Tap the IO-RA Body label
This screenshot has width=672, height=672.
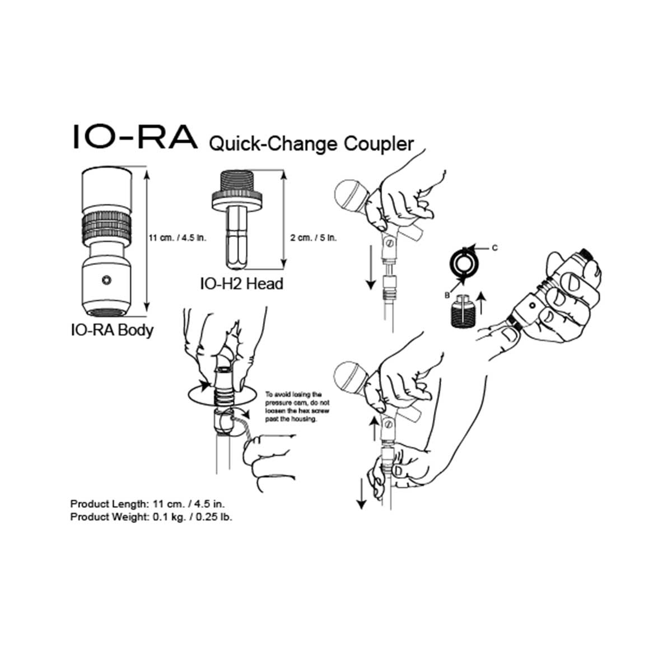click(111, 330)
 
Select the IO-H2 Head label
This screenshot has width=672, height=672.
click(241, 283)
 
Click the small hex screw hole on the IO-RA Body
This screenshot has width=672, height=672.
click(106, 279)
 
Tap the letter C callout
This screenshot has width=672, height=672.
click(494, 247)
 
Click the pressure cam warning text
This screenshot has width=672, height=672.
click(293, 407)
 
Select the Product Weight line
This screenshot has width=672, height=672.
click(151, 517)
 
